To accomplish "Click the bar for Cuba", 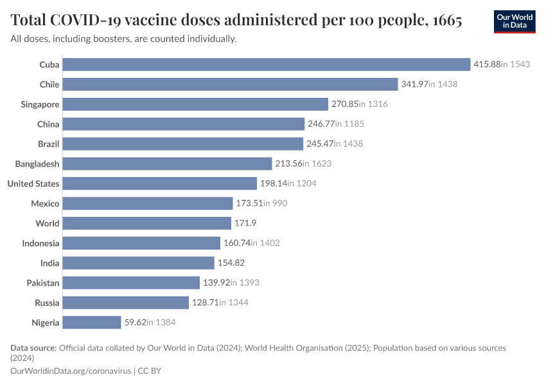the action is coord(267,64).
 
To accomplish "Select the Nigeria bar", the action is coord(92,322).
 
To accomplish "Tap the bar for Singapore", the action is coord(195,104).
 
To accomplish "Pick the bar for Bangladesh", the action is coord(167,163).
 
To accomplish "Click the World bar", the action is coord(147,223).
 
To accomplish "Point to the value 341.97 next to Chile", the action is coord(415,84).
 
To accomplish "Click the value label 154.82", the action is coord(231,262).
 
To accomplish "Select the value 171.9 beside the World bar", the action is coord(245,223).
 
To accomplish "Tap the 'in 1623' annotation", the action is coord(317,163).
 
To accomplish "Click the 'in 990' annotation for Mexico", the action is coord(275,203).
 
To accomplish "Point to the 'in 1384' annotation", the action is coord(161,322).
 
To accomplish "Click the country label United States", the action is coord(33,184).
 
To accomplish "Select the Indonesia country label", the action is coord(40,243).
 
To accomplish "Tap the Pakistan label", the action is coord(43,283).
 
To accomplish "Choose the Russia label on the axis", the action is coord(47,302).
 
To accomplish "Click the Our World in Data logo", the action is coord(515,22).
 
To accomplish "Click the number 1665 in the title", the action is coord(447,20).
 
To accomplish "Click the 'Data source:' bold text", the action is coord(33,348).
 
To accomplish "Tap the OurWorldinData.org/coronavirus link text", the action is coord(71,371).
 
